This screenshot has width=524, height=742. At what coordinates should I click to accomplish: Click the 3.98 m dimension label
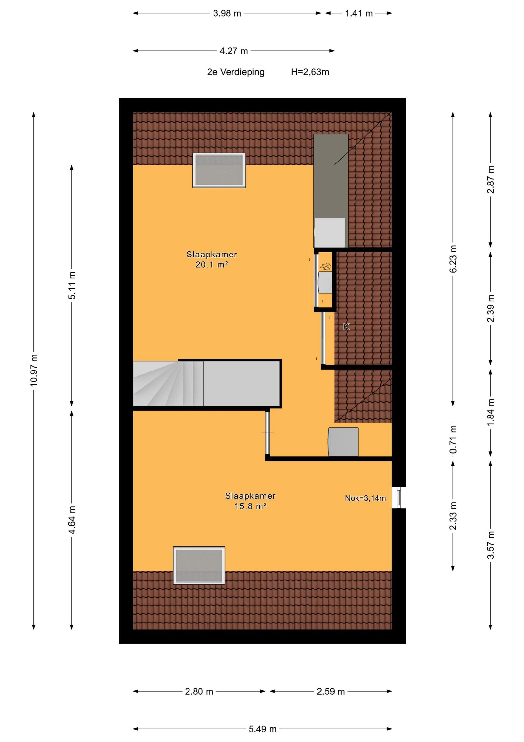[x=227, y=13]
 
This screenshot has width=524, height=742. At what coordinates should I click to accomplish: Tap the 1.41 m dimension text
[x=359, y=13]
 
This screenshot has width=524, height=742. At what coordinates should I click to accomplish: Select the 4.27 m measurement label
[x=234, y=51]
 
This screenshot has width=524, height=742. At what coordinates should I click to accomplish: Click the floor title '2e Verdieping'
[x=236, y=72]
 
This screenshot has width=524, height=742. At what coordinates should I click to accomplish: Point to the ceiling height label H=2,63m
[x=310, y=72]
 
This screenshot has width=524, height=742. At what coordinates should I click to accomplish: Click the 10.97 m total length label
[x=34, y=370]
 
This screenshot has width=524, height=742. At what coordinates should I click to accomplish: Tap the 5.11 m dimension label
[x=72, y=285]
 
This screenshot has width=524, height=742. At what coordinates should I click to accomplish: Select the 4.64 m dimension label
[x=72, y=520]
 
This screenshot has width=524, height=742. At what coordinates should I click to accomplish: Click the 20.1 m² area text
[x=212, y=265]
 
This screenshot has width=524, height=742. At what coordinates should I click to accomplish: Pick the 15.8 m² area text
[x=251, y=506]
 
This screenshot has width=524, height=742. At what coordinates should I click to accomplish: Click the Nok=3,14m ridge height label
[x=365, y=498]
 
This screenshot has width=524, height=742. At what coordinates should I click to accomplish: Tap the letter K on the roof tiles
[x=346, y=327]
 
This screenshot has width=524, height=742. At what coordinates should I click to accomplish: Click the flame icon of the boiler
[x=325, y=267]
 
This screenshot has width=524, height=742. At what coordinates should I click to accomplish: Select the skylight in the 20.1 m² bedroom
[x=219, y=170]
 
